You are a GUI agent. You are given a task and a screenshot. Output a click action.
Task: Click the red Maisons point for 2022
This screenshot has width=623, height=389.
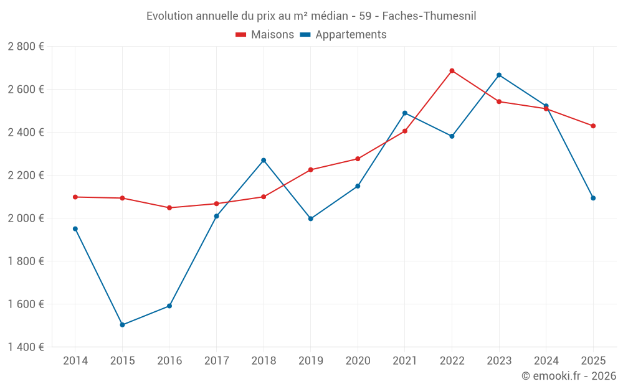tap(452, 71)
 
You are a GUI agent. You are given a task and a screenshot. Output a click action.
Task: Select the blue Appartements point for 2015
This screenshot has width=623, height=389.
tap(122, 325)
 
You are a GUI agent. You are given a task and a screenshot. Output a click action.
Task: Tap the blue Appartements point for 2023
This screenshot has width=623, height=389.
tap(499, 75)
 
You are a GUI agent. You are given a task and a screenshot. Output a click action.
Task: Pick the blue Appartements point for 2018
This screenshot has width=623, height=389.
tap(264, 161)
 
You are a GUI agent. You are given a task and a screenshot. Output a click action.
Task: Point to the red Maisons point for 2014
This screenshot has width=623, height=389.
tap(75, 197)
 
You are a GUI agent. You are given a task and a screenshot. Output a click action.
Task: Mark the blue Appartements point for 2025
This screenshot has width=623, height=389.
tap(593, 198)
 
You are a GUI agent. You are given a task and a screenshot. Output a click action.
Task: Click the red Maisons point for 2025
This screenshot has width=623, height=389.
tap(593, 126)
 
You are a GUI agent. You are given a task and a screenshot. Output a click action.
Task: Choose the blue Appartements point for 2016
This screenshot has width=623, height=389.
tap(169, 306)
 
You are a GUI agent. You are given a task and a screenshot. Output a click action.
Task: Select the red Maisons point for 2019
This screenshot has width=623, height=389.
tap(311, 170)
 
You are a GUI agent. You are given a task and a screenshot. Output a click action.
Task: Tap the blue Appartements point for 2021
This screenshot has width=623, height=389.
tap(405, 113)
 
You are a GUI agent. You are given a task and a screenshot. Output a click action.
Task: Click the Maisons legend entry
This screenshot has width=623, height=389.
tap(265, 35)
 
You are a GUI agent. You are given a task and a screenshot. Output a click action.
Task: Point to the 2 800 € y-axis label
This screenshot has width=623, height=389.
tap(26, 47)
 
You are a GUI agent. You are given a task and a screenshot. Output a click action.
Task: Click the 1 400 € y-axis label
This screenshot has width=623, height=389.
tap(26, 347)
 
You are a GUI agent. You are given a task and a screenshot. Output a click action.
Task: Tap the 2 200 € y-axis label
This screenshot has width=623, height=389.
tap(26, 176)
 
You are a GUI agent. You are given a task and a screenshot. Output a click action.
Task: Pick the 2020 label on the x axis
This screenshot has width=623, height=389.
tap(358, 361)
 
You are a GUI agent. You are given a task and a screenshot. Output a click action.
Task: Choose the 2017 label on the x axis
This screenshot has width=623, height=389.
tap(216, 361)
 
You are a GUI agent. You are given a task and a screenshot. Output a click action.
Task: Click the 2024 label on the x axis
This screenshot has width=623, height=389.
tap(546, 361)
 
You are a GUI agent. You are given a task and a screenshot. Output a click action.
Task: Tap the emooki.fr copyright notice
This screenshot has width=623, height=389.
tap(569, 376)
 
